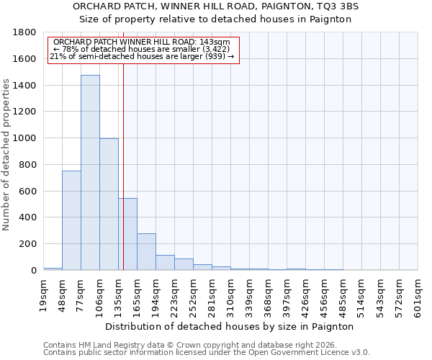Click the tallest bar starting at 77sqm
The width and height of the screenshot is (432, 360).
point(90,173)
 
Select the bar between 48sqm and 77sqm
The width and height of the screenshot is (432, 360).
point(71,220)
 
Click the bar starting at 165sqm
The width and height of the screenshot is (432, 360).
point(146,251)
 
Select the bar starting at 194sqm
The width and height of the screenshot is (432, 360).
point(165,262)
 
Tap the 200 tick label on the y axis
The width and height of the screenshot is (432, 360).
point(29,244)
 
